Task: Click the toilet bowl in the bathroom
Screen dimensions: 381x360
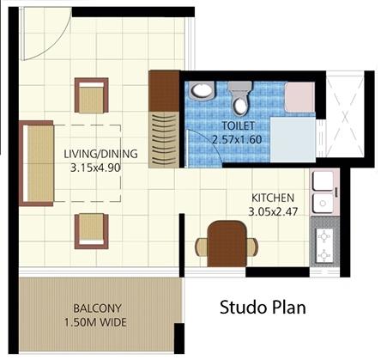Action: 240,98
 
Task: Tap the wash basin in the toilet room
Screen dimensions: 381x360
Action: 202,90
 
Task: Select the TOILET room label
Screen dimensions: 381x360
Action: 239,125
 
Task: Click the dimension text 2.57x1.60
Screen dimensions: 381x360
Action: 237,139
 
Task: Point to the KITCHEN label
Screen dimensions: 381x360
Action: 273,198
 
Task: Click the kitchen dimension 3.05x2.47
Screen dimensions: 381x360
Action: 273,211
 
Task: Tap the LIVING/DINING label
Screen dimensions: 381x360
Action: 100,154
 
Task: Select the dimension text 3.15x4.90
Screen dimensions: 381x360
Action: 95,168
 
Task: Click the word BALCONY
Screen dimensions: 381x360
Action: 97,308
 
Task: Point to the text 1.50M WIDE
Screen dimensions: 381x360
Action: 95,322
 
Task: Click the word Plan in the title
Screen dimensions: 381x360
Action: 287,308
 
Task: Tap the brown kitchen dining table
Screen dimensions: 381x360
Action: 227,244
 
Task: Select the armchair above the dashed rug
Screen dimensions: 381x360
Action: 92,95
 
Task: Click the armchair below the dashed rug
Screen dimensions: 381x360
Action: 92,231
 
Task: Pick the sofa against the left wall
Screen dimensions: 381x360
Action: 36,163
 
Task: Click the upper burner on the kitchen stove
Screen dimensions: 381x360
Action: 324,237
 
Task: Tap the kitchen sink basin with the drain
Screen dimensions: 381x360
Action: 323,203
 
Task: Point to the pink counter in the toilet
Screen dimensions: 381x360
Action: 299,97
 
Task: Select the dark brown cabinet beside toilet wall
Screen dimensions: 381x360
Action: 164,91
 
